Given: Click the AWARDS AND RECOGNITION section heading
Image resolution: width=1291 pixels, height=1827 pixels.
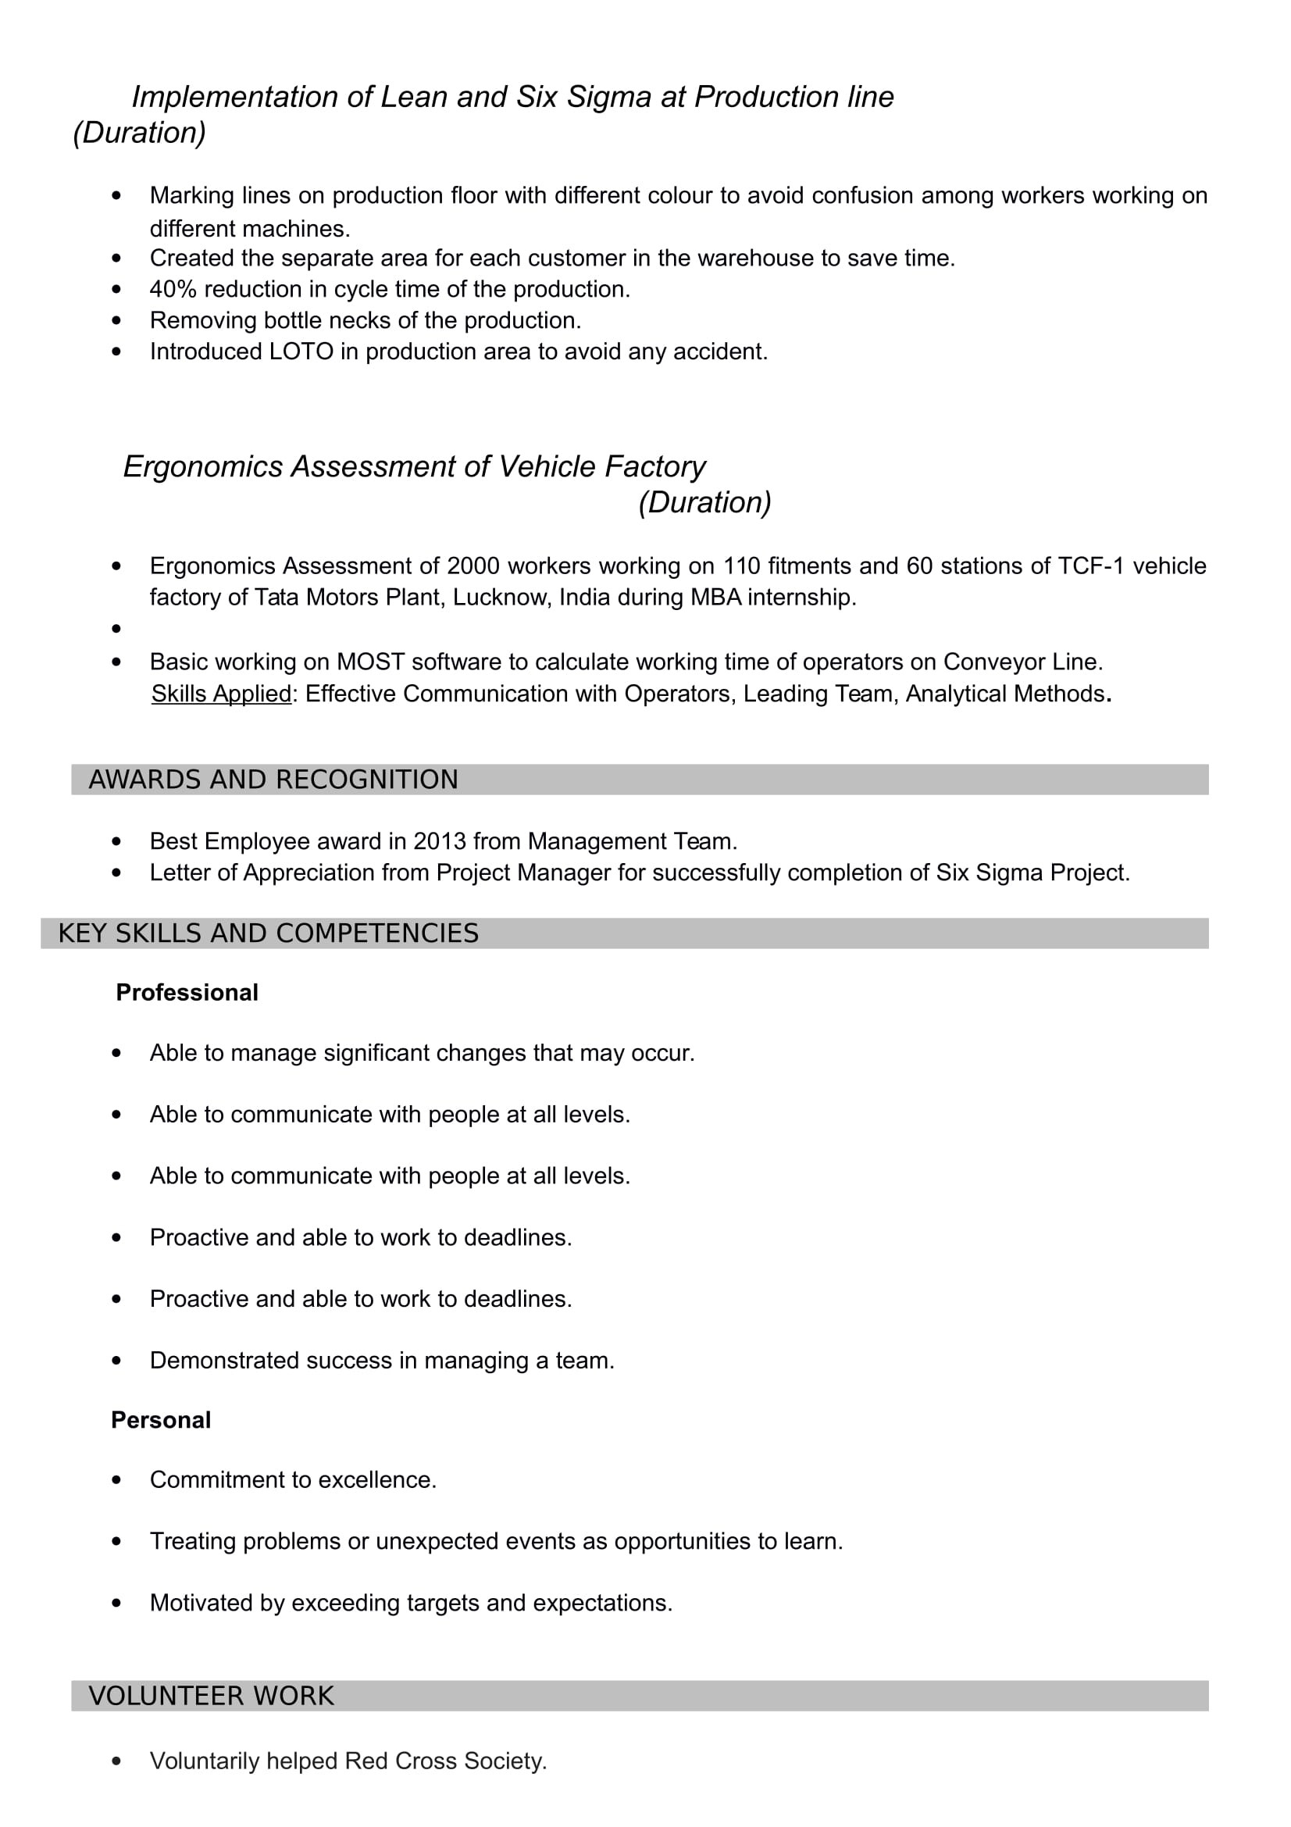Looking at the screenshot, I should click(273, 780).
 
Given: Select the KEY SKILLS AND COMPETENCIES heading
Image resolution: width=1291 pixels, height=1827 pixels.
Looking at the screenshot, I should click(268, 933).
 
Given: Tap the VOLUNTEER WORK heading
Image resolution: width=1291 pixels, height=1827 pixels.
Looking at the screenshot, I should click(211, 1696).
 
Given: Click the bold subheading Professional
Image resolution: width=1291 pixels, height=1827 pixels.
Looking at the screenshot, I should click(187, 992).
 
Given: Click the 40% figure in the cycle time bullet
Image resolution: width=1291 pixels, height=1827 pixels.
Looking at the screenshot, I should click(173, 289).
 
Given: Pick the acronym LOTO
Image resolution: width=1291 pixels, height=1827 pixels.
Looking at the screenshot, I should click(301, 351).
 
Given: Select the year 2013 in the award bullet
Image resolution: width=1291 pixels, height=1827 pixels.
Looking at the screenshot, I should click(439, 841).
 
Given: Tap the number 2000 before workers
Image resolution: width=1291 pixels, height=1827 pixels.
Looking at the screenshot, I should click(473, 566).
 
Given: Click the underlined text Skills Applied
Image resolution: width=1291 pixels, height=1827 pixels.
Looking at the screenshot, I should click(221, 694).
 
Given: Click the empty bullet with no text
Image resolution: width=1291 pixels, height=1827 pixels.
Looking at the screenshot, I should click(117, 630).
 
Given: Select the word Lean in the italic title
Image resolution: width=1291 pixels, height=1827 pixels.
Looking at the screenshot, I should click(414, 97).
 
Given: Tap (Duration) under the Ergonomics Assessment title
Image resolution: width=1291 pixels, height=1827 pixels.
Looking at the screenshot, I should click(704, 503).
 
